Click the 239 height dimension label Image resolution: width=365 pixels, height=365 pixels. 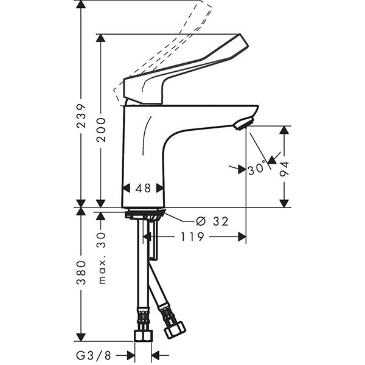[82, 116]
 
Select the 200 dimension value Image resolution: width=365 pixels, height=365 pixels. [101, 130]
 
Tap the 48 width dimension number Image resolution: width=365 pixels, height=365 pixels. [143, 188]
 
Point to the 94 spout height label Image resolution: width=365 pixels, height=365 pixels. [284, 169]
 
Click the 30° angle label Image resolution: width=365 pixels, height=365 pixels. [257, 167]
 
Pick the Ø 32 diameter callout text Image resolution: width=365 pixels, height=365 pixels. [212, 221]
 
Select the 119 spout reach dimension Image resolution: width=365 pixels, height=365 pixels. [192, 237]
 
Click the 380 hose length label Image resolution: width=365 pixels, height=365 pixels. [82, 273]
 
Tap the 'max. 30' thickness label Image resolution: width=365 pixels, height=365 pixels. [101, 258]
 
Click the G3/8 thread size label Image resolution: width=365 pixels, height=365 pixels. [93, 355]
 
